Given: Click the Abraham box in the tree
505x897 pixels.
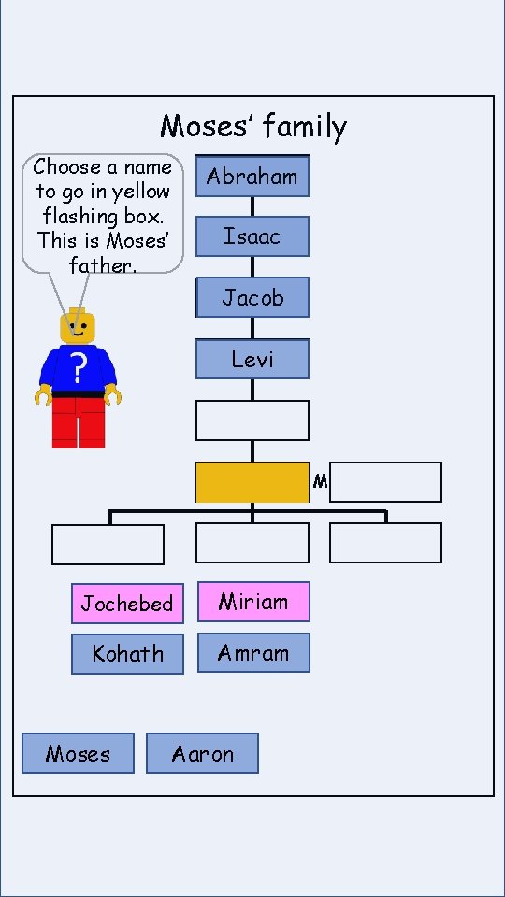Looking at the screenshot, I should coord(252,177).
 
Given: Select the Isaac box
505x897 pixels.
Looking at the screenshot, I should coord(252,236).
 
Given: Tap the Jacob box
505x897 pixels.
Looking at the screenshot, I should coord(252,298).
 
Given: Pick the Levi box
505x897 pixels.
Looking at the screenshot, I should coord(252,359).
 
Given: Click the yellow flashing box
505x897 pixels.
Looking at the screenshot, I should coord(252,482).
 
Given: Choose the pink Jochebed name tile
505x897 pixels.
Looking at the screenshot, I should coord(127,604).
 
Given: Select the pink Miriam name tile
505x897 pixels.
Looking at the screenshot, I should coord(253,602).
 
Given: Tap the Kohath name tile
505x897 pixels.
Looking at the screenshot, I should coord(127,654).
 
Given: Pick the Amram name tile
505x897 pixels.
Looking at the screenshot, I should coord(253,653).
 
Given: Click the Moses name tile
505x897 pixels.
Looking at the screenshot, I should coord(78,753).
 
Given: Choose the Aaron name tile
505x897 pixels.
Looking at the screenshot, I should coord(202,753).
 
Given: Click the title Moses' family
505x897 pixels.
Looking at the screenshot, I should coord(253,126).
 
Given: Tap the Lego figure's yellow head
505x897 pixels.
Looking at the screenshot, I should coord(78,327).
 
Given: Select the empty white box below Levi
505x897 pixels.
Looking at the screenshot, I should coord(252,420).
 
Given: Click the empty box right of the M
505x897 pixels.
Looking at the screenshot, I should coord(385,482).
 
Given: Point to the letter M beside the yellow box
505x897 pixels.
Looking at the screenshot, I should coord(320,482).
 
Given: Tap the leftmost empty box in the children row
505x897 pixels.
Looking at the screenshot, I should coord(108,545).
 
